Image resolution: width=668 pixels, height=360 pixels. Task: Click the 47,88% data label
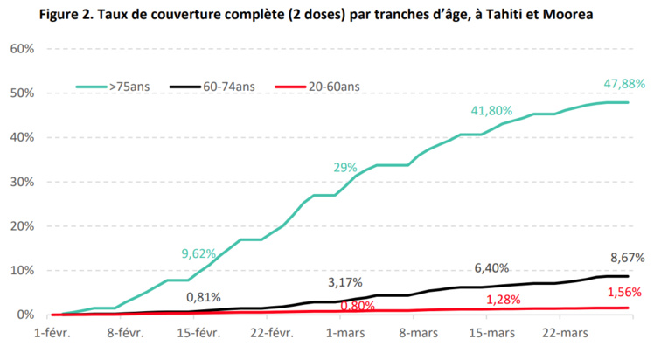coord(624,84)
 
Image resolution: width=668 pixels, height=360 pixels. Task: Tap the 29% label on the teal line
coord(345,167)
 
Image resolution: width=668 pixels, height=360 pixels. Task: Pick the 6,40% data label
coord(491,268)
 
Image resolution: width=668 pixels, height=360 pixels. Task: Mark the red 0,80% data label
coord(358,306)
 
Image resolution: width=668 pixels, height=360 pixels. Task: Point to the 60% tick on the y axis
coord(22,48)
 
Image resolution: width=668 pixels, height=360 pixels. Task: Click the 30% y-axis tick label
coord(22,182)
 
